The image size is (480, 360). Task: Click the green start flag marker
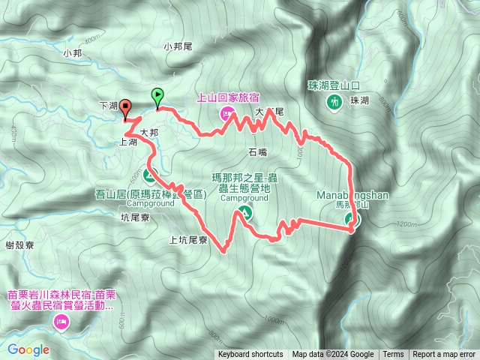click(x=157, y=96)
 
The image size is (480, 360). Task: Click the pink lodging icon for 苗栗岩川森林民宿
click(x=61, y=323)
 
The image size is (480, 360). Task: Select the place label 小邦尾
click(x=178, y=46)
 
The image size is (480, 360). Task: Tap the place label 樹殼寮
click(x=19, y=245)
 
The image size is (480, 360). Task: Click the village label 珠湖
click(x=359, y=100)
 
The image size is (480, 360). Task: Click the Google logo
click(x=28, y=349)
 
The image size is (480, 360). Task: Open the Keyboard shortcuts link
click(x=250, y=355)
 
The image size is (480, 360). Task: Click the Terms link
click(x=393, y=355)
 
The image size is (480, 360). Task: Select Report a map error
click(x=445, y=355)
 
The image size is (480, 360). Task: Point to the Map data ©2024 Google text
click(x=333, y=355)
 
